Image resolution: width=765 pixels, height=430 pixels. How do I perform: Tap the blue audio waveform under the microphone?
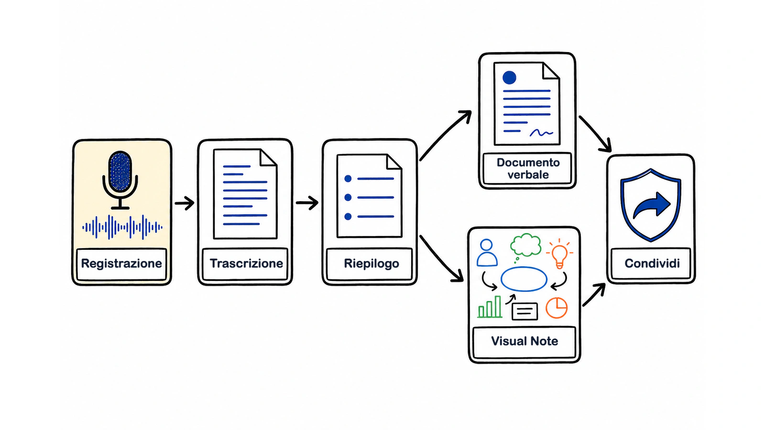pyautogui.click(x=122, y=227)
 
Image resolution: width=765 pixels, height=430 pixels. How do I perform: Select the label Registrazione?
pyautogui.click(x=121, y=263)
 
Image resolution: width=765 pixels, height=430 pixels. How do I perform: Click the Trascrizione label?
pyautogui.click(x=246, y=263)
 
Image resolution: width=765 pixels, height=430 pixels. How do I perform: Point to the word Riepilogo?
pyautogui.click(x=372, y=263)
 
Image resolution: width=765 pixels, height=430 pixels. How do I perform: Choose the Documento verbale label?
pyautogui.click(x=528, y=169)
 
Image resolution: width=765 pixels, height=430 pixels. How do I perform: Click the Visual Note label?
pyautogui.click(x=525, y=341)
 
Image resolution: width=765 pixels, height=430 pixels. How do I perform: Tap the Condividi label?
pyautogui.click(x=652, y=263)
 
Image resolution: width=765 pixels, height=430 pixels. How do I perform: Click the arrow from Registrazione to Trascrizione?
pyautogui.click(x=185, y=203)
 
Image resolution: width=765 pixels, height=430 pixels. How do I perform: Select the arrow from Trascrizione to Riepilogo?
pyautogui.click(x=307, y=203)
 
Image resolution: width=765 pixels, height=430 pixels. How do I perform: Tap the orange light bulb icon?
pyautogui.click(x=559, y=254)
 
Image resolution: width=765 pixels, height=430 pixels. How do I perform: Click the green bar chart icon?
pyautogui.click(x=490, y=307)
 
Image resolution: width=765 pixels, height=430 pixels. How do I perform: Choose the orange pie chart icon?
pyautogui.click(x=557, y=308)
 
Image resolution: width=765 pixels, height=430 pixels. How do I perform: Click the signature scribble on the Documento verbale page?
pyautogui.click(x=541, y=133)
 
